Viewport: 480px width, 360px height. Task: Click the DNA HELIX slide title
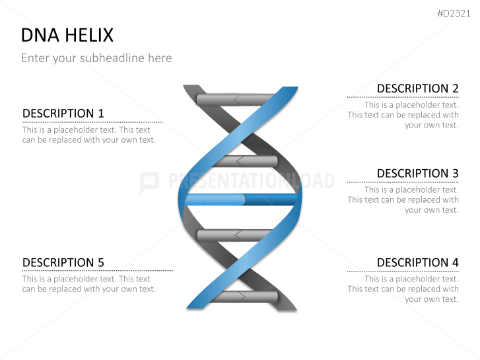[x=67, y=35]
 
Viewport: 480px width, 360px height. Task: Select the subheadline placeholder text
[x=96, y=58]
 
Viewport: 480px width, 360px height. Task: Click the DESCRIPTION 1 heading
[x=63, y=114]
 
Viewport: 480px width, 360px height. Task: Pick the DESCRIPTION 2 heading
[x=417, y=89]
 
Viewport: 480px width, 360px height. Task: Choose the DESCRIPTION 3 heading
[x=417, y=174]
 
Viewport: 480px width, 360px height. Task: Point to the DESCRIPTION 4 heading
[x=417, y=263]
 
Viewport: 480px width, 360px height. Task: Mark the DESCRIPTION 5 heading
[x=63, y=263]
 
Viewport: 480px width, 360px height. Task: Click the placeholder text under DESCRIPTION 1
[x=89, y=135]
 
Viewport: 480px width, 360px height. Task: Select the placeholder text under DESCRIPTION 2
[x=403, y=115]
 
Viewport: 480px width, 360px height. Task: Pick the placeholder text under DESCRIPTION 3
[x=403, y=200]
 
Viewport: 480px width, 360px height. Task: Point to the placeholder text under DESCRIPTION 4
[x=403, y=289]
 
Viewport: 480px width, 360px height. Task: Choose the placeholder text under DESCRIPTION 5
[x=89, y=284]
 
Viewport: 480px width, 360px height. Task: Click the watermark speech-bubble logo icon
[x=149, y=182]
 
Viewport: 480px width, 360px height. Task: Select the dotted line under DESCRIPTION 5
[x=98, y=271]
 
